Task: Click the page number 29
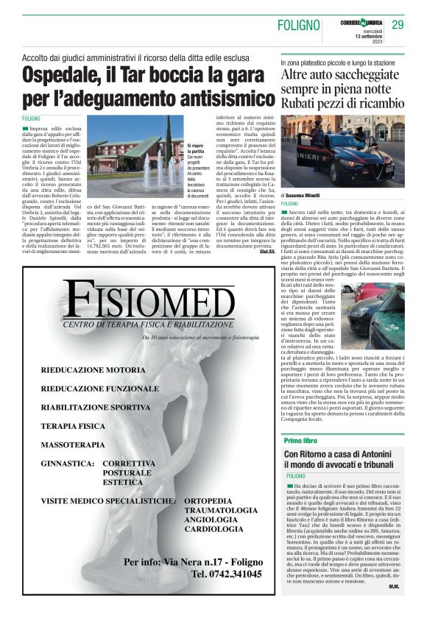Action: [x=398, y=25]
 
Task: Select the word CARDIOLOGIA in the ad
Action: [x=214, y=529]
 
